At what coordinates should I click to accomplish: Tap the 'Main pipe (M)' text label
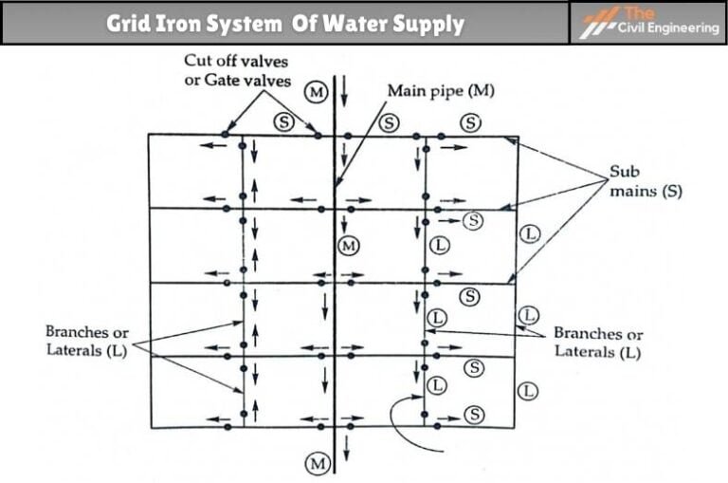[442, 92]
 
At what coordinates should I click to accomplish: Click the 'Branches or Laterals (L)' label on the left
[86, 342]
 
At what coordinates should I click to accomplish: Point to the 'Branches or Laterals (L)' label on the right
[598, 343]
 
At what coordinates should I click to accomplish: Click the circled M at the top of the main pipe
[317, 92]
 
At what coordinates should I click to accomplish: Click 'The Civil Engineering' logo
[649, 23]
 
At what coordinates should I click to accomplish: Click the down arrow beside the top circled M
[345, 92]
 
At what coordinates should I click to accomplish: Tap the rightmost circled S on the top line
[471, 121]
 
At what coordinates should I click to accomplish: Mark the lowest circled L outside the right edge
[530, 389]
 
